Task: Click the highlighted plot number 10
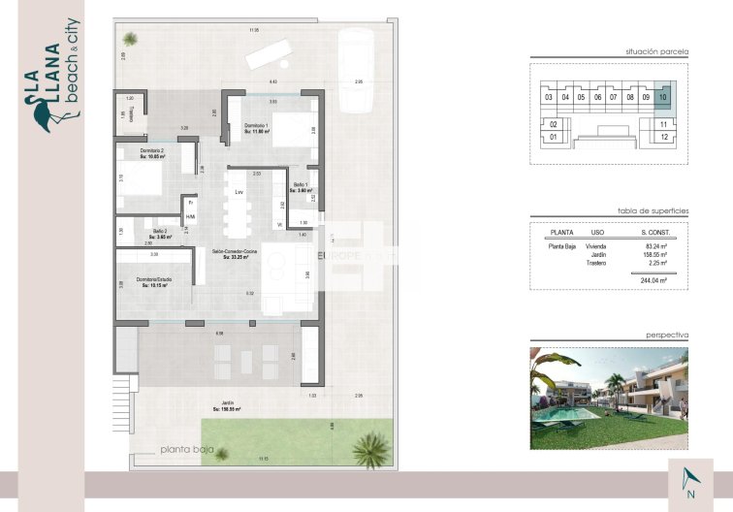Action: [x=662, y=97]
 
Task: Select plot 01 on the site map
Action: [x=553, y=138]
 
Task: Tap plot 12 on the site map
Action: [x=663, y=138]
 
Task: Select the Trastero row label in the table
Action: [x=596, y=263]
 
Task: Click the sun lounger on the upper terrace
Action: [x=271, y=54]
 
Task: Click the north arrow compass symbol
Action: [x=689, y=478]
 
